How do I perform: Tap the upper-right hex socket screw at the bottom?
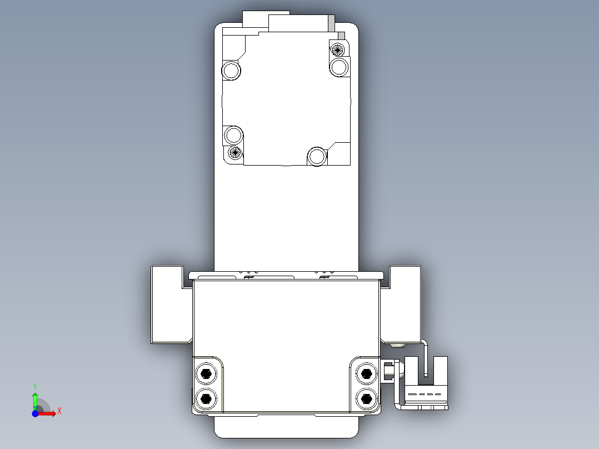pyautogui.click(x=366, y=373)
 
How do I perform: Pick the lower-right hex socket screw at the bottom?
pyautogui.click(x=366, y=398)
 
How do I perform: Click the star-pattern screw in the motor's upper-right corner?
pyautogui.click(x=337, y=49)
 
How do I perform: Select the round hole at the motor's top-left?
pyautogui.click(x=231, y=71)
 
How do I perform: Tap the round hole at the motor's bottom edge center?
pyautogui.click(x=317, y=156)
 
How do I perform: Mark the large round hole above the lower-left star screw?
pyautogui.click(x=233, y=135)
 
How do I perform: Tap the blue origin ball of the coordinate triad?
pyautogui.click(x=35, y=413)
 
